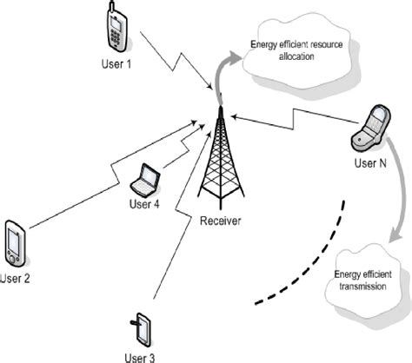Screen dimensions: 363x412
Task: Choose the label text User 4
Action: pos(145,205)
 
